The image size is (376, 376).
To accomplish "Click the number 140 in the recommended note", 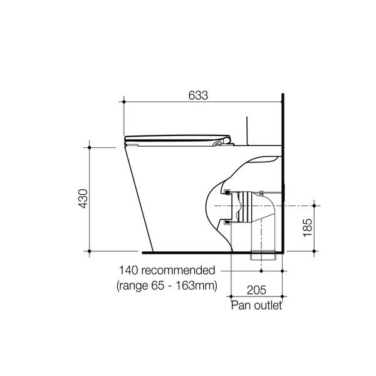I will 129,271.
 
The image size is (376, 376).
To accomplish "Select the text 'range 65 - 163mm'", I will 167,285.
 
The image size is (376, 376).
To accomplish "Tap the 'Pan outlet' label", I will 256,306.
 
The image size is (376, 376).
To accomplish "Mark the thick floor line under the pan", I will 188,252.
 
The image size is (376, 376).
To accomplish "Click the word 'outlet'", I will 269,306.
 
